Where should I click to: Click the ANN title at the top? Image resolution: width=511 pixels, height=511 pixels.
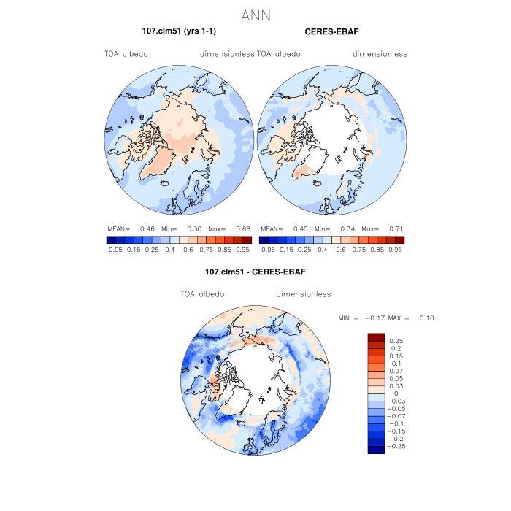tap(255, 14)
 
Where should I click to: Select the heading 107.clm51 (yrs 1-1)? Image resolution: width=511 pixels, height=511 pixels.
tap(179, 31)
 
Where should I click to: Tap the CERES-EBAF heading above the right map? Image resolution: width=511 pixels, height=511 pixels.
tap(331, 31)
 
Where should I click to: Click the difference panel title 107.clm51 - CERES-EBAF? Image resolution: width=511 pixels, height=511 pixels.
tap(255, 272)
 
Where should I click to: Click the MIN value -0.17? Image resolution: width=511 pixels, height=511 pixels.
tap(377, 318)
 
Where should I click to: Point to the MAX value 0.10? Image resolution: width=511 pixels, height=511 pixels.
tap(427, 318)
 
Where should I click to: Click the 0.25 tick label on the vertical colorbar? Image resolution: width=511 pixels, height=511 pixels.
tap(396, 341)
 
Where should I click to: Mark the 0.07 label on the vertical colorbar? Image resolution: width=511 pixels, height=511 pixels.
tap(396, 371)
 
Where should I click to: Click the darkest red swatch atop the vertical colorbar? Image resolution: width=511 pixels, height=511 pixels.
tap(376, 337)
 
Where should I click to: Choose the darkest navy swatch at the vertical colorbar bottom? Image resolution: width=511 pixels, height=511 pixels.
tap(376, 449)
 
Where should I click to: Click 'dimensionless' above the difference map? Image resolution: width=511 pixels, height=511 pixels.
tap(304, 294)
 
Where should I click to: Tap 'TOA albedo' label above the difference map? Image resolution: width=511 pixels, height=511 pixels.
tap(202, 294)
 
